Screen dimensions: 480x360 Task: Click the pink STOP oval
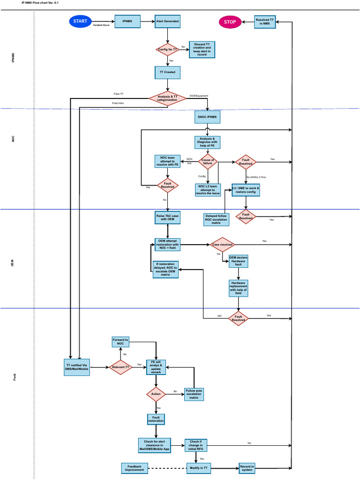(230, 22)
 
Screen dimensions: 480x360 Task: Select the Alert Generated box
(167, 22)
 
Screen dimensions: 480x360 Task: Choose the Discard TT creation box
(202, 49)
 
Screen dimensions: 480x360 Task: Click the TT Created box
(167, 72)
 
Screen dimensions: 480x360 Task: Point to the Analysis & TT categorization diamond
(167, 98)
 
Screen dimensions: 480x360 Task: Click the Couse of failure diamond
(207, 161)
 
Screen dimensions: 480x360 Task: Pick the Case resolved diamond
(222, 244)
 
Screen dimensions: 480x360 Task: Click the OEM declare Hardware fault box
(238, 261)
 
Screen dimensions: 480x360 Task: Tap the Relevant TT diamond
(120, 368)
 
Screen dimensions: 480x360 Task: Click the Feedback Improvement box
(135, 468)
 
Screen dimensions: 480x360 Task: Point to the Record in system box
(247, 468)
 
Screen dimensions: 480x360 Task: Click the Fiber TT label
(119, 94)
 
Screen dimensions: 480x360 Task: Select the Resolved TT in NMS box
(265, 22)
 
